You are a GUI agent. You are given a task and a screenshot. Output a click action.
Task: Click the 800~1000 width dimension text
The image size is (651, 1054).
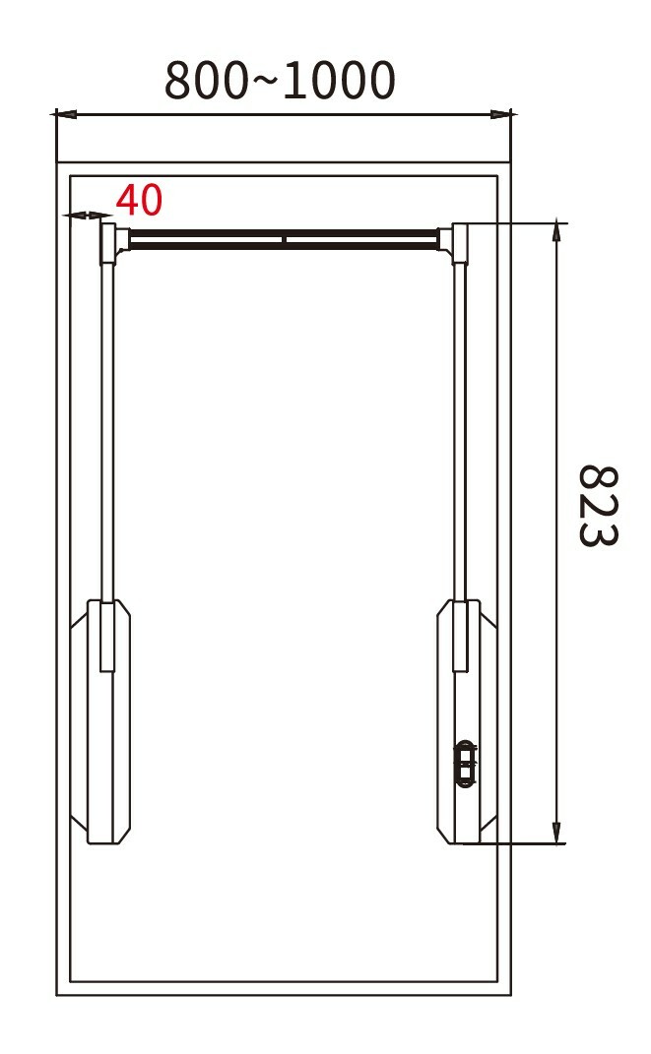pos(280,81)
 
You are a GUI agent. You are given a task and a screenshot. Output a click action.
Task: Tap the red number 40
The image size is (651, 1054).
pos(139,200)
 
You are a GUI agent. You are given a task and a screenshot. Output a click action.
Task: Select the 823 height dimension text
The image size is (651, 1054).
pos(598,506)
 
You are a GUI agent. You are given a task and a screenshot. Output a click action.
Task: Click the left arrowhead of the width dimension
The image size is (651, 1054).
pos(66,114)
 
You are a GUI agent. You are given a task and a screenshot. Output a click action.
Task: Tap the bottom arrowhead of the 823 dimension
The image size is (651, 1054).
pos(556,833)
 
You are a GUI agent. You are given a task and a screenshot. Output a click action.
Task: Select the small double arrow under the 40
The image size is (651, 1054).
pos(88,216)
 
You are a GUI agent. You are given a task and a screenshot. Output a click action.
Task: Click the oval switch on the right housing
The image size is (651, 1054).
pos(465,764)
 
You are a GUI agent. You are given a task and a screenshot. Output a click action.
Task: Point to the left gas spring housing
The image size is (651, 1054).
pos(100,722)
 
